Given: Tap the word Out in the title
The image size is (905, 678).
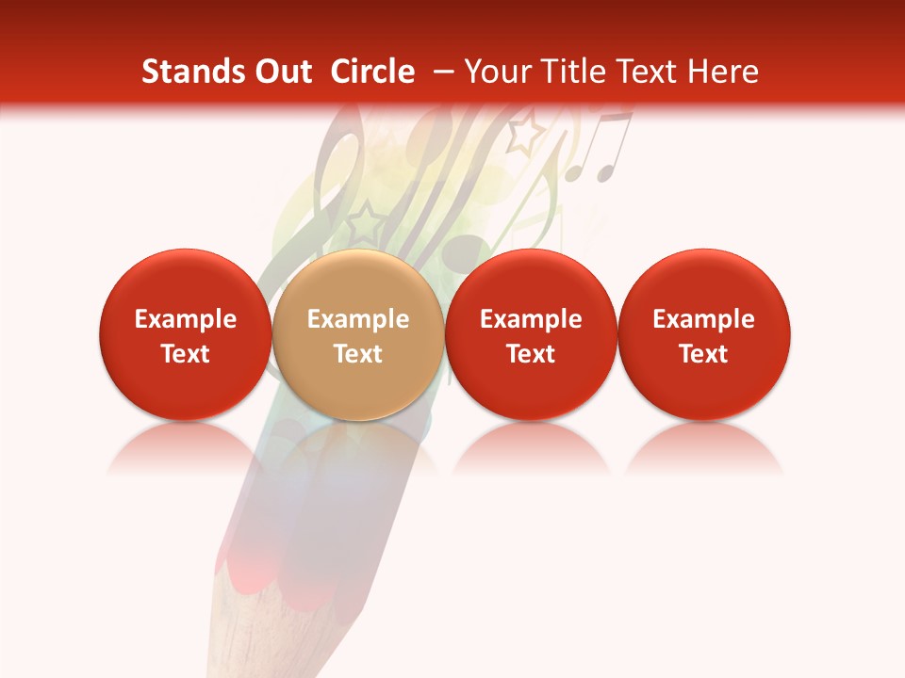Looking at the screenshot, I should pyautogui.click(x=280, y=72).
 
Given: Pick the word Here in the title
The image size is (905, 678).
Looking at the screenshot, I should pyautogui.click(x=722, y=72).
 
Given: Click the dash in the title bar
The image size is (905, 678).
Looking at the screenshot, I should pyautogui.click(x=438, y=73).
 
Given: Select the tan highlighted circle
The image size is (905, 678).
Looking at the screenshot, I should pyautogui.click(x=357, y=335).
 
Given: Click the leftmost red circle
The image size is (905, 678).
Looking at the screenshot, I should pyautogui.click(x=185, y=335).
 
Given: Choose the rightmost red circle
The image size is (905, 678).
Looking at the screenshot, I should pyautogui.click(x=703, y=335).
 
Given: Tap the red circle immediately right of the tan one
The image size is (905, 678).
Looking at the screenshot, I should pyautogui.click(x=531, y=335).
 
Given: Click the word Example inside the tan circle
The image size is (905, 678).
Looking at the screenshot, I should pyautogui.click(x=357, y=319).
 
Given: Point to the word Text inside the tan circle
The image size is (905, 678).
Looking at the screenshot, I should pyautogui.click(x=357, y=354).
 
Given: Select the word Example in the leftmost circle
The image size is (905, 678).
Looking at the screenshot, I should pyautogui.click(x=185, y=319).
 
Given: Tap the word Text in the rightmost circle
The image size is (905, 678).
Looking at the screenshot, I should pyautogui.click(x=703, y=354).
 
